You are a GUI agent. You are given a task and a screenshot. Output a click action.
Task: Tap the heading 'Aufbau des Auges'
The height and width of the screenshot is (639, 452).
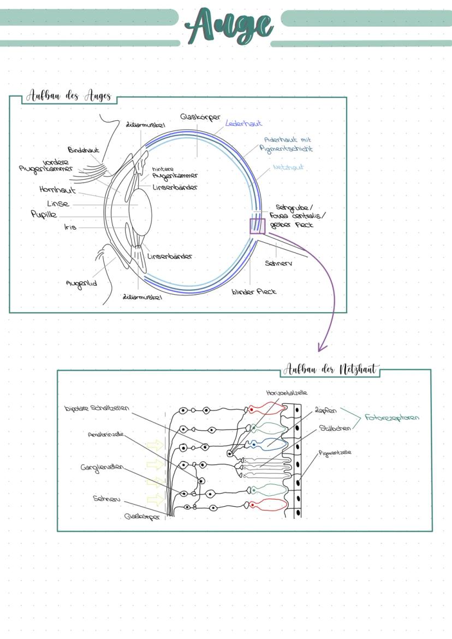(69, 96)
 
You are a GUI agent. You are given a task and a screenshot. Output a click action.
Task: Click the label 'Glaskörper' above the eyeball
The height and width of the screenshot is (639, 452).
(200, 117)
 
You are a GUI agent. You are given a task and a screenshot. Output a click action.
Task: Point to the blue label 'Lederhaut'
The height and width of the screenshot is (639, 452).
(243, 124)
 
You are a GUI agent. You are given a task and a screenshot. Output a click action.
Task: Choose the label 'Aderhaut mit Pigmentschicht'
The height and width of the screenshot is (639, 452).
(288, 144)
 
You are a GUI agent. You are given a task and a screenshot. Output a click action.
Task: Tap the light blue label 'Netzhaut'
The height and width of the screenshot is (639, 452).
(288, 167)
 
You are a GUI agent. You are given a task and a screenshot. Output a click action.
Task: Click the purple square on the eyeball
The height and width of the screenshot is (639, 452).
(257, 226)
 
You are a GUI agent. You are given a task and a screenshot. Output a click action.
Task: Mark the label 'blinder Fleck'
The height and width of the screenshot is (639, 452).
(254, 291)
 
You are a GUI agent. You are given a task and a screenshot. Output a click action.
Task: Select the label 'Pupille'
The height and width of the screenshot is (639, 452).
(44, 215)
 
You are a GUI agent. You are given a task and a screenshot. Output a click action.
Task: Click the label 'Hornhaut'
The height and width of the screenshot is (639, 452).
(57, 190)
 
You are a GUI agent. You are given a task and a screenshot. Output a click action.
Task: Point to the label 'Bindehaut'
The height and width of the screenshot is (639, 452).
(84, 150)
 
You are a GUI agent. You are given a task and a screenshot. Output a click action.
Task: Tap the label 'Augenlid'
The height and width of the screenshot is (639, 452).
(81, 283)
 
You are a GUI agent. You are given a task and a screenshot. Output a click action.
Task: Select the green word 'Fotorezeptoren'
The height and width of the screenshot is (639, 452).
(392, 418)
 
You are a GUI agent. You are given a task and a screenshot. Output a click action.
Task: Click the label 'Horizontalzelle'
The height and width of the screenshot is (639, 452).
(287, 392)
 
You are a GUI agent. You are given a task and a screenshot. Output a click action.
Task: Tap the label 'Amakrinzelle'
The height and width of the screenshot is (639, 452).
(105, 435)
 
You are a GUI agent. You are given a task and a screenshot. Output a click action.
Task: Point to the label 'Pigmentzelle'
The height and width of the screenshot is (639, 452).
(335, 453)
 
